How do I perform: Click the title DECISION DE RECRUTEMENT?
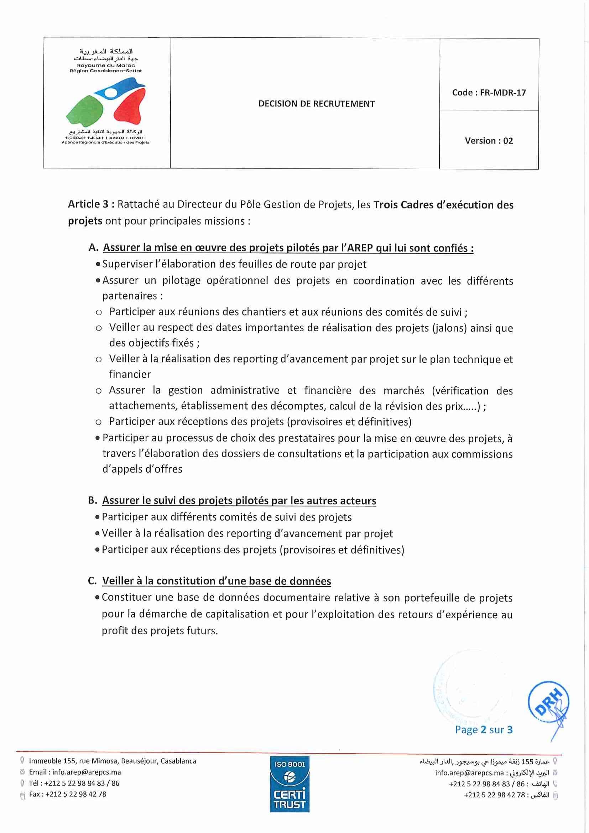316,104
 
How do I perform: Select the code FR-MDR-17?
503,93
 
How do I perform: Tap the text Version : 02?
489,141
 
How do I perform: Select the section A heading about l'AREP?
288,248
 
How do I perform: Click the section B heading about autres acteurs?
239,501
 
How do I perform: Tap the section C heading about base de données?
217,581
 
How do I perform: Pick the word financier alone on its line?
130,374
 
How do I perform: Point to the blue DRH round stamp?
548,702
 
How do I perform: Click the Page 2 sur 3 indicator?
484,730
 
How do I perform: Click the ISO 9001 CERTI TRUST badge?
290,784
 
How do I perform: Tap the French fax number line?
67,794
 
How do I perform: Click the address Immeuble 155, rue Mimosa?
113,761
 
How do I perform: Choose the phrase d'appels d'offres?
142,469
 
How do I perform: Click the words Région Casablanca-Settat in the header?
106,71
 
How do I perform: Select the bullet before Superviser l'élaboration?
98,265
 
